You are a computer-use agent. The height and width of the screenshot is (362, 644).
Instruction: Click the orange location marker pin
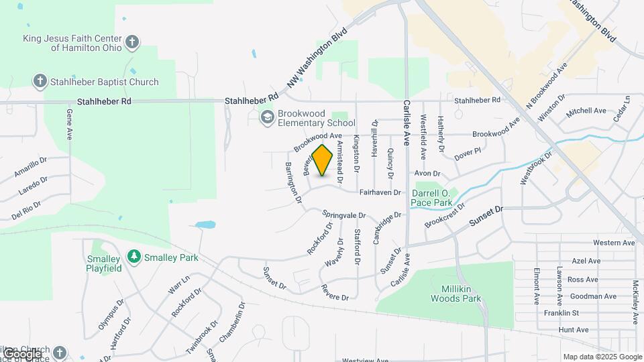[323, 160]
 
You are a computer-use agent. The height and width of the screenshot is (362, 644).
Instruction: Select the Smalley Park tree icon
[134, 257]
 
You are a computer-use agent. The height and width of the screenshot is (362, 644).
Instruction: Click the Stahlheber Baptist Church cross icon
[40, 82]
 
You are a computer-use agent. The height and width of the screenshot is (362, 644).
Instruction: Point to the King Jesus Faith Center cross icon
[133, 42]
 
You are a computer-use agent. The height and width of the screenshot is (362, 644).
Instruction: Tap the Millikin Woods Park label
[457, 294]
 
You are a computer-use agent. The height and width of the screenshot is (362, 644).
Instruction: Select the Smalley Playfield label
[103, 263]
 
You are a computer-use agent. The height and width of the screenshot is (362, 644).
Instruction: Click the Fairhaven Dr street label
[380, 192]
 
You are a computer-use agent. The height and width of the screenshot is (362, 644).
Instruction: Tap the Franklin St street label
[561, 312]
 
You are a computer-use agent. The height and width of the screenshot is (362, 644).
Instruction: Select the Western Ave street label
[614, 243]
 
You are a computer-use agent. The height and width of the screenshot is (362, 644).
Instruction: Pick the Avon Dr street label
[426, 173]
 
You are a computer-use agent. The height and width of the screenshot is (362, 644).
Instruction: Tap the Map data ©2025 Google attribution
[602, 357]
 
